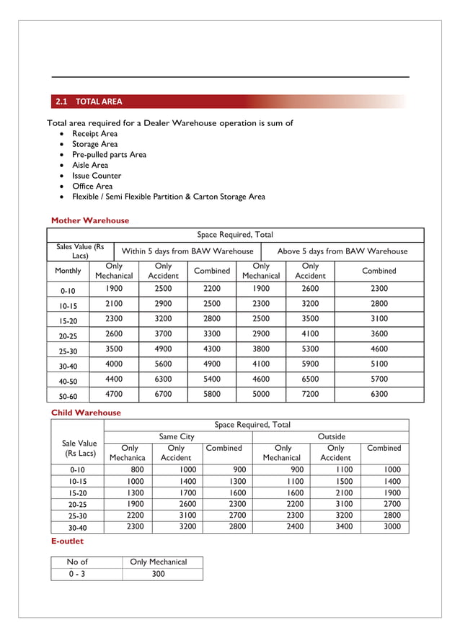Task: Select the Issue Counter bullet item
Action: [96, 176]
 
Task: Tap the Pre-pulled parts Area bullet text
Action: [109, 155]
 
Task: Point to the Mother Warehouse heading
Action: [90, 220]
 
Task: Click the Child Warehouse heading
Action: [86, 413]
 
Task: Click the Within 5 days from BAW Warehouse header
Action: [187, 251]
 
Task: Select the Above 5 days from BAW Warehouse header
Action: [342, 251]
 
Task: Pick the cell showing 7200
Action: [310, 394]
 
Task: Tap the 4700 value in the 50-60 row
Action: [114, 394]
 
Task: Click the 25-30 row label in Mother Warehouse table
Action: [68, 350]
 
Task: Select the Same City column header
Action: [177, 436]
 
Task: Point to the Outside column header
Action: [331, 436]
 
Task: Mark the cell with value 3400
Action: [336, 526]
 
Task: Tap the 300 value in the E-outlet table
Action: [158, 574]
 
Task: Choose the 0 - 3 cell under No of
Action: [77, 574]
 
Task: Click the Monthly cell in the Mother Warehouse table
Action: [68, 271]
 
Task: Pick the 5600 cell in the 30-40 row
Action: [163, 364]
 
